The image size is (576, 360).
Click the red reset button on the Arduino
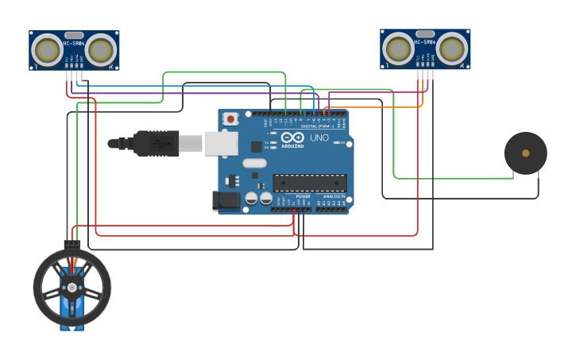[230, 118]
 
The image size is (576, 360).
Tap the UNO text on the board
[319, 137]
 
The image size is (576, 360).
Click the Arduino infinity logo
[292, 137]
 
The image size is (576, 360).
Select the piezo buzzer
[525, 153]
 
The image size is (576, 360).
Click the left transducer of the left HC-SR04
[47, 51]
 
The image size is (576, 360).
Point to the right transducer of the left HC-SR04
[101, 51]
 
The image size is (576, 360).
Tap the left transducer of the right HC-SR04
[398, 49]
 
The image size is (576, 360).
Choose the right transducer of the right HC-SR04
[452, 49]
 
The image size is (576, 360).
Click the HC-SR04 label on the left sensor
[74, 43]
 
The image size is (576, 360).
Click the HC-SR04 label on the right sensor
[425, 41]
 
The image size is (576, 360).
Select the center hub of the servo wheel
[72, 288]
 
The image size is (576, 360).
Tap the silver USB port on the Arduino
[222, 143]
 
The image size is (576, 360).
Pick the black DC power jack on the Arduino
[226, 200]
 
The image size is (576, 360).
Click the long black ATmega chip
[309, 183]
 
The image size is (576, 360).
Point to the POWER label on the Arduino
[303, 196]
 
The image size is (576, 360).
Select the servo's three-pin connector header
[72, 243]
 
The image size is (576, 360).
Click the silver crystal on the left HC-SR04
[74, 35]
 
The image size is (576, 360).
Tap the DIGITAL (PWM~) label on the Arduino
[318, 126]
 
